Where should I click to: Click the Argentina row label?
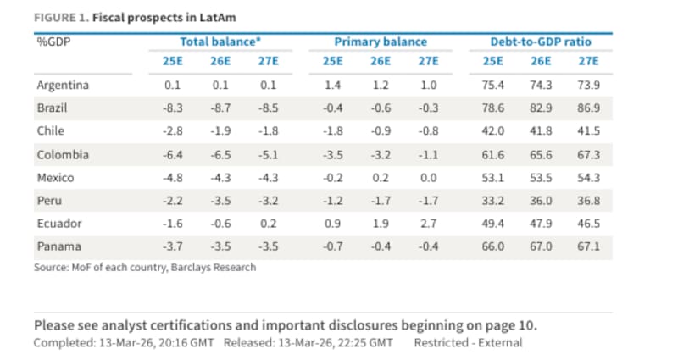pos(63,86)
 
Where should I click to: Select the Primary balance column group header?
pos(381,41)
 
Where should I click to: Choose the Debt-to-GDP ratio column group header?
pos(541,41)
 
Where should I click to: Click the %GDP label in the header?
pos(53,41)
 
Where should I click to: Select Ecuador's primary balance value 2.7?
pos(429,224)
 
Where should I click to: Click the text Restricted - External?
pos(468,342)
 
